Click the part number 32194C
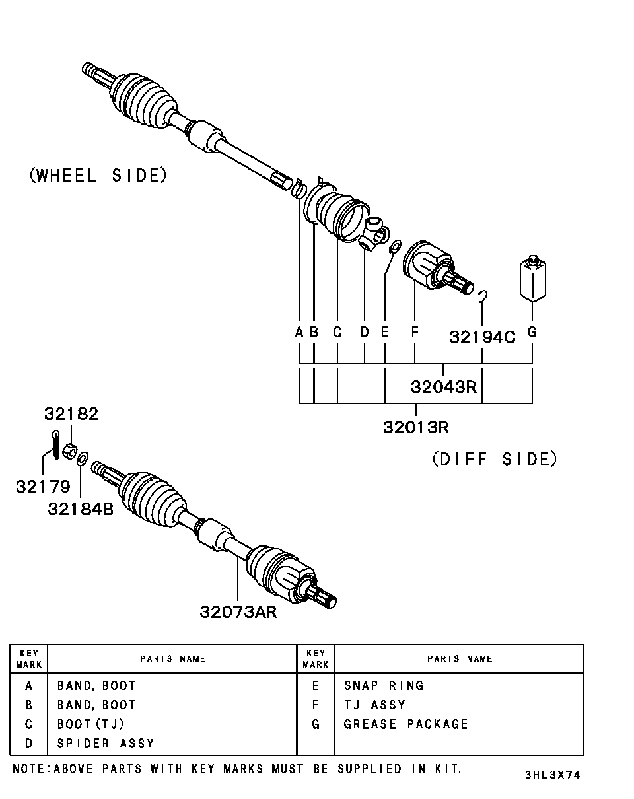(x=482, y=337)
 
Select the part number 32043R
(x=443, y=387)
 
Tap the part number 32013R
(x=416, y=427)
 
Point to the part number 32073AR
(x=238, y=612)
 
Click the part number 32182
(x=71, y=413)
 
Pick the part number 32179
(x=43, y=487)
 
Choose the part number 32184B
(x=80, y=509)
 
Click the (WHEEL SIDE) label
(x=98, y=175)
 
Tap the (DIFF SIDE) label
(x=495, y=460)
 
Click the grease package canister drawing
(x=532, y=279)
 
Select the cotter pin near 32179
(x=55, y=444)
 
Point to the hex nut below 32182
(x=70, y=452)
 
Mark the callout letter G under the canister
(x=532, y=331)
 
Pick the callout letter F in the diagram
(x=415, y=331)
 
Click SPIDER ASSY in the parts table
(x=106, y=744)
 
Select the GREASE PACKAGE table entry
(x=405, y=724)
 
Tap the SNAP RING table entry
(x=384, y=685)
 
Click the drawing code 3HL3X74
(x=552, y=775)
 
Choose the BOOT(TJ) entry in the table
(x=90, y=724)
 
